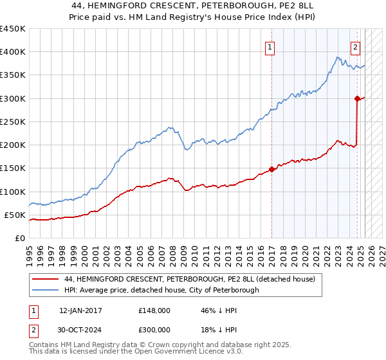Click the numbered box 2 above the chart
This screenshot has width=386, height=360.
click(355, 46)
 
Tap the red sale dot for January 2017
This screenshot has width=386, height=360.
click(271, 169)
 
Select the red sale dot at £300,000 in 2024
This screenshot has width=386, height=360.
click(357, 98)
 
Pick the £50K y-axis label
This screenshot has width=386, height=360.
click(15, 215)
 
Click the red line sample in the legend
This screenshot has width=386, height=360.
click(44, 279)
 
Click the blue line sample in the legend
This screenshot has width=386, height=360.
click(44, 290)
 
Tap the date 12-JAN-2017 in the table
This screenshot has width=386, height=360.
click(80, 310)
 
